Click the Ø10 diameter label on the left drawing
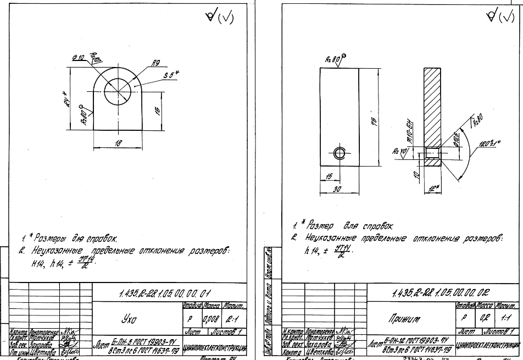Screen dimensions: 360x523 77,58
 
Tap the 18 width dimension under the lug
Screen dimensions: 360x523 118,143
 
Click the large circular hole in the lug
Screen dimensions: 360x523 118,86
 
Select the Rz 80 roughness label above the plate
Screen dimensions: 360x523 331,58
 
